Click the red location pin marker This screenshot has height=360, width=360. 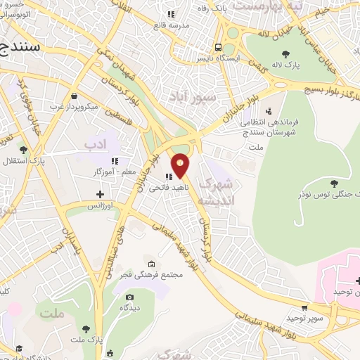click(181, 165)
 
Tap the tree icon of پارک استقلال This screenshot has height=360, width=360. click(23, 150)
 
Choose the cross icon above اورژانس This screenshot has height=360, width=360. click(99, 194)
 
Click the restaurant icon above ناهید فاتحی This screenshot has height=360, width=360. click(169, 176)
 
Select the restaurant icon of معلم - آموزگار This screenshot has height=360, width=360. click(114, 161)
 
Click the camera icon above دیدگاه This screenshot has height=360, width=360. click(128, 297)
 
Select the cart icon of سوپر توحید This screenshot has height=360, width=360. click(304, 307)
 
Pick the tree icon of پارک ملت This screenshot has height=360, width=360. click(86, 328)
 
